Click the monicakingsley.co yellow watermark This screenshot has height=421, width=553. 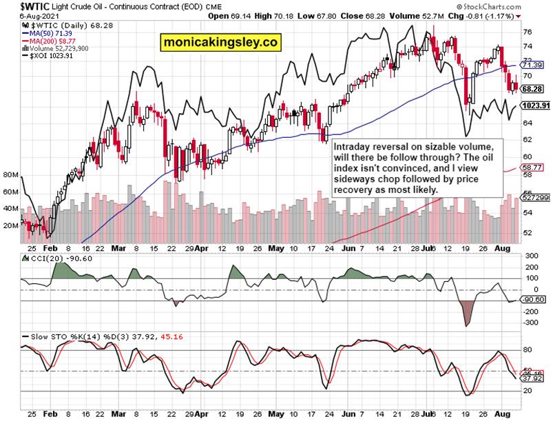point(221,43)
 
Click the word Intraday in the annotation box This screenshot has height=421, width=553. point(354,147)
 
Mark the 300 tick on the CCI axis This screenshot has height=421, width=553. point(532,257)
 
